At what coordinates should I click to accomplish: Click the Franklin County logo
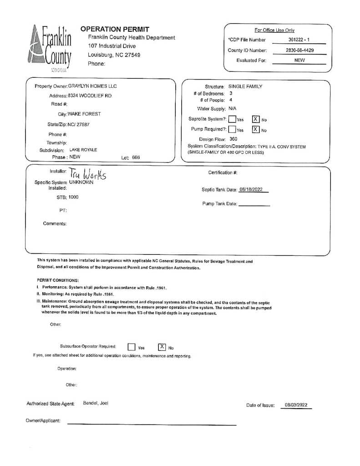[x=51, y=49]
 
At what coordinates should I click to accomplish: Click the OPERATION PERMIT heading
[x=115, y=29]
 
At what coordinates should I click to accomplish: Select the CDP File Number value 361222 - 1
[x=299, y=40]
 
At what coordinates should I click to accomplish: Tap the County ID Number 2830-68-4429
[x=299, y=51]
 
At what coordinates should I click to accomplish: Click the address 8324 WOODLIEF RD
[x=90, y=96]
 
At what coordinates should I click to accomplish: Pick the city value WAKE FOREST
[x=84, y=114]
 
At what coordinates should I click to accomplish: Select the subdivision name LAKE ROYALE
[x=83, y=150]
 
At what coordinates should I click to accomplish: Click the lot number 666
[x=136, y=157]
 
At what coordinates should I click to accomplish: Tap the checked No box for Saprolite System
[x=256, y=119]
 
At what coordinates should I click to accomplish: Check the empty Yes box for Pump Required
[x=232, y=129]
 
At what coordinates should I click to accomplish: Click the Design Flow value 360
[x=233, y=139]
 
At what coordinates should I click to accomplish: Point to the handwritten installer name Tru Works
[x=88, y=174]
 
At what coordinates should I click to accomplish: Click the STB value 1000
[x=73, y=197]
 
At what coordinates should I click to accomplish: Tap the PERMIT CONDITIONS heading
[x=58, y=280]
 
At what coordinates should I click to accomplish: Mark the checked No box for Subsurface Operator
[x=162, y=347]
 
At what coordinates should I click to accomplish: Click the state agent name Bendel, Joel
[x=96, y=403]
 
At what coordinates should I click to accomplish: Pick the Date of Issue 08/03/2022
[x=296, y=405]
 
